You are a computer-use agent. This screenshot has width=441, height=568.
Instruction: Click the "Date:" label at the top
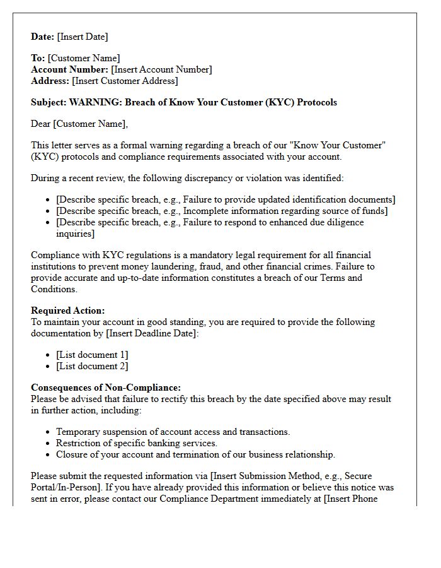(43, 37)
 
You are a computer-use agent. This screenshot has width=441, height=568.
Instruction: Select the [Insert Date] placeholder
(83, 37)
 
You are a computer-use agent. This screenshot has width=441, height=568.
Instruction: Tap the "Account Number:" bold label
(70, 69)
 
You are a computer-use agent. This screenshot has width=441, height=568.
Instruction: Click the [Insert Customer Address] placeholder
(125, 81)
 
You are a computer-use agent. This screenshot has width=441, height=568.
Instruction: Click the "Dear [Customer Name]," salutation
(79, 124)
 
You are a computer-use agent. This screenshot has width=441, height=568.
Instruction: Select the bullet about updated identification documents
(226, 199)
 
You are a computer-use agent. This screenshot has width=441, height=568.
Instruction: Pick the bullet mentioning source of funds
(222, 211)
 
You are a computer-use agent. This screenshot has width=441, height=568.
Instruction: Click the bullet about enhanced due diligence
(209, 222)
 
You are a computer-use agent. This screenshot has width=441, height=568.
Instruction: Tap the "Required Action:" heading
(68, 311)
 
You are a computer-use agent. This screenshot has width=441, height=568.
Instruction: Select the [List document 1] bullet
(92, 355)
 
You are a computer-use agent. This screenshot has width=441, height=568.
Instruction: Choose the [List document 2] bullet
(92, 366)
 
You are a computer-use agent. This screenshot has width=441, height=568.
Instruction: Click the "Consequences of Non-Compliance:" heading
(106, 388)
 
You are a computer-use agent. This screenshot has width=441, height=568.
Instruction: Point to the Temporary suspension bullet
(173, 432)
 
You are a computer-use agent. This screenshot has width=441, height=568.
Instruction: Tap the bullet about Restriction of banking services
(136, 443)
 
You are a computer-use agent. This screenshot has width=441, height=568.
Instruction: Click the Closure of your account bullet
(195, 454)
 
